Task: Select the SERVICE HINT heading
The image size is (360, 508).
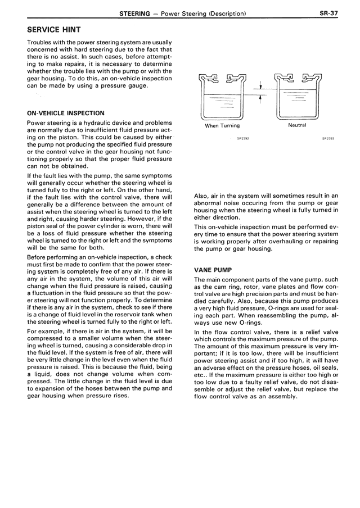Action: coord(54,29)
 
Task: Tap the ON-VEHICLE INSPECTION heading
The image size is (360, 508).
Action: coord(66,113)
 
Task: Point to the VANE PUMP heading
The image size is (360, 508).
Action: coord(213,270)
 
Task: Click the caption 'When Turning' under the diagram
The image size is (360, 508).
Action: coord(222,126)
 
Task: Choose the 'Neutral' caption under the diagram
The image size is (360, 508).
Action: coord(297,125)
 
